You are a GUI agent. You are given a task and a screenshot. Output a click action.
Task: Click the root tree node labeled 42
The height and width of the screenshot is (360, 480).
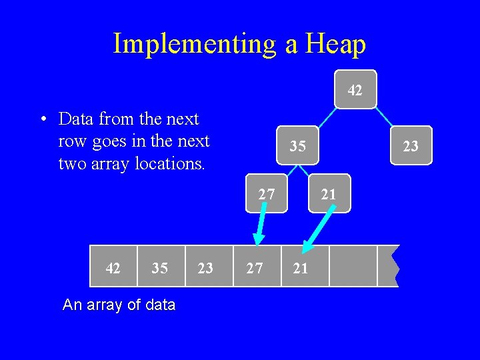[x=355, y=89]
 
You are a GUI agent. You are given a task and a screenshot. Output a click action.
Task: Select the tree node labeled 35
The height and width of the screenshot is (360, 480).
[x=298, y=145]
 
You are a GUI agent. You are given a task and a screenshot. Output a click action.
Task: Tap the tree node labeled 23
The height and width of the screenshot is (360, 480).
[x=411, y=145]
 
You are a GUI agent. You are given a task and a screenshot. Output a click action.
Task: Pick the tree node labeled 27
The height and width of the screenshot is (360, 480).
[x=266, y=194]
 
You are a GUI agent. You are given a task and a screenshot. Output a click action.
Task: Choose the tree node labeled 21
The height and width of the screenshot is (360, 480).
[x=329, y=194]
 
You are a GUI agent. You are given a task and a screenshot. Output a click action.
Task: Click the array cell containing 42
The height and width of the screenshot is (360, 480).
[x=113, y=267]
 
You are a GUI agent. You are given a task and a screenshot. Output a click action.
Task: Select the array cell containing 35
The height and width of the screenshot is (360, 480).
[x=160, y=267]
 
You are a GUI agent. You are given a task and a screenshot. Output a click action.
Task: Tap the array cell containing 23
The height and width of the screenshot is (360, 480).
[x=206, y=267]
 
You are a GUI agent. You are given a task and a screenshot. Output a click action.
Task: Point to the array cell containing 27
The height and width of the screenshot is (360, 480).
[x=255, y=267]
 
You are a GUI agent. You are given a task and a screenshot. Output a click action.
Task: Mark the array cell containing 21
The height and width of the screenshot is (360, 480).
[x=301, y=267]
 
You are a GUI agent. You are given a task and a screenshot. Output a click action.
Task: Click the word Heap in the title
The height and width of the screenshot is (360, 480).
[x=335, y=44]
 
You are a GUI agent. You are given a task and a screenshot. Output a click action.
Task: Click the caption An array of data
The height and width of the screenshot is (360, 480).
[x=119, y=305]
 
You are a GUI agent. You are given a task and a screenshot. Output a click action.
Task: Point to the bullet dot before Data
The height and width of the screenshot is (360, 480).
[x=42, y=120]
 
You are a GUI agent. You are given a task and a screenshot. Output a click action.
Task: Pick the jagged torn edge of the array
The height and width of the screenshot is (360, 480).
[x=395, y=266]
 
